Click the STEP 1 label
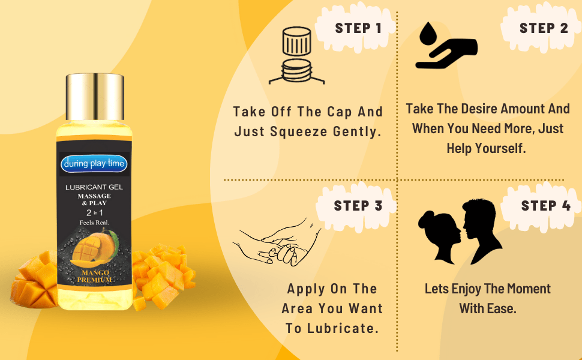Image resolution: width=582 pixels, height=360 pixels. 358,28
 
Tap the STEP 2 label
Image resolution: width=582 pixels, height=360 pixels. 544,28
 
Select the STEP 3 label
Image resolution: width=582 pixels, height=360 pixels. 358,206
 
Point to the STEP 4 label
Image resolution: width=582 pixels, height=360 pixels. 545,206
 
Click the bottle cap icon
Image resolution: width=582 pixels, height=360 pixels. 296,56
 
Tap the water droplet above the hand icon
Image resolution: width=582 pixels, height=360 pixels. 428,34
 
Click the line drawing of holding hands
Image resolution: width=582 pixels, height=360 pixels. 277,242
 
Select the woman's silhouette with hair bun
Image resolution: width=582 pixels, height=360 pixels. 440,236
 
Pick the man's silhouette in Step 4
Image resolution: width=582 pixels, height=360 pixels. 481,231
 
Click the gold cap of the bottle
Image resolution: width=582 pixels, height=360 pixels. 95,97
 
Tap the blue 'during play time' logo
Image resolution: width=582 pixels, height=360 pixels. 94,164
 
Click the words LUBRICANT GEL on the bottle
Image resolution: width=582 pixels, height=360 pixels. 94,187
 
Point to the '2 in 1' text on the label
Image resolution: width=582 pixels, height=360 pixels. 95,212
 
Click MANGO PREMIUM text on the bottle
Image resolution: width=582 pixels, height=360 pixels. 95,277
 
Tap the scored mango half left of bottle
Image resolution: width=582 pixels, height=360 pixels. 34,282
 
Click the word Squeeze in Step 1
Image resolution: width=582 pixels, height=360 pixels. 299,132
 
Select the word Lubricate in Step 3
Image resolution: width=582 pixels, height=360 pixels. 343,328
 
